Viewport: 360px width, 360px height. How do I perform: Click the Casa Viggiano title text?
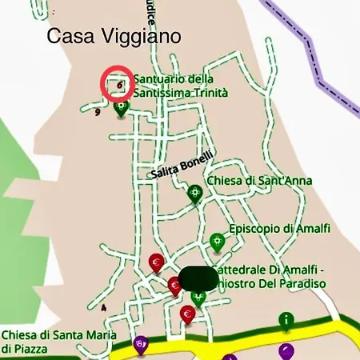(114, 36)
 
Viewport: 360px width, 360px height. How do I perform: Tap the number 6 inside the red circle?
(120, 83)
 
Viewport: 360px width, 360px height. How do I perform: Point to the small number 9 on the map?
(97, 113)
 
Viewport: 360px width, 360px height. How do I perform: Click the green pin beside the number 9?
(122, 109)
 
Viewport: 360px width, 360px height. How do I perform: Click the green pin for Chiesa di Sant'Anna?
(194, 193)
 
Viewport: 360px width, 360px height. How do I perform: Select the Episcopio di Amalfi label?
(279, 229)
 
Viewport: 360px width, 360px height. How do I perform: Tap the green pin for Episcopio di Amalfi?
(216, 240)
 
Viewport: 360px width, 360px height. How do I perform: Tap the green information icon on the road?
(286, 320)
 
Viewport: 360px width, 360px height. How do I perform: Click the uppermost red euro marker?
(157, 262)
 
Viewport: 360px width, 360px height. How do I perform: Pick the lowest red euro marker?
(188, 313)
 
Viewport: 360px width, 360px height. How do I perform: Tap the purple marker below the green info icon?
(286, 350)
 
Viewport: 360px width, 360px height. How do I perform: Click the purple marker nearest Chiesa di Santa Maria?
(141, 344)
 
